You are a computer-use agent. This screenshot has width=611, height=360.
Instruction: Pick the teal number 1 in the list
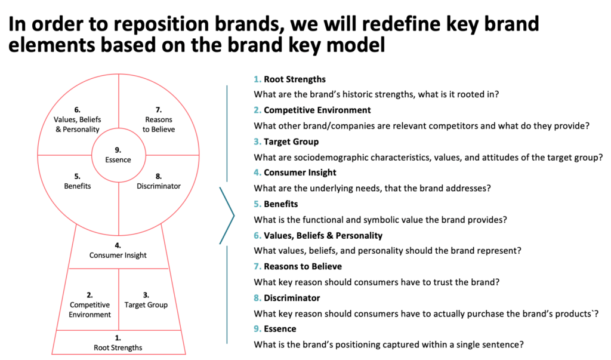click(257, 79)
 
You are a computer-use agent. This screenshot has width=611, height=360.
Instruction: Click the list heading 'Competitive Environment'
click(317, 110)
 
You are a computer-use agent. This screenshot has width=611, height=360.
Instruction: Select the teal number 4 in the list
click(257, 173)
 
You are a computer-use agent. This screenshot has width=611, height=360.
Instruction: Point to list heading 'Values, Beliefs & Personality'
click(323, 236)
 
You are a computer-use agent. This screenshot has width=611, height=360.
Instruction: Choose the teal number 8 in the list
click(257, 298)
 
